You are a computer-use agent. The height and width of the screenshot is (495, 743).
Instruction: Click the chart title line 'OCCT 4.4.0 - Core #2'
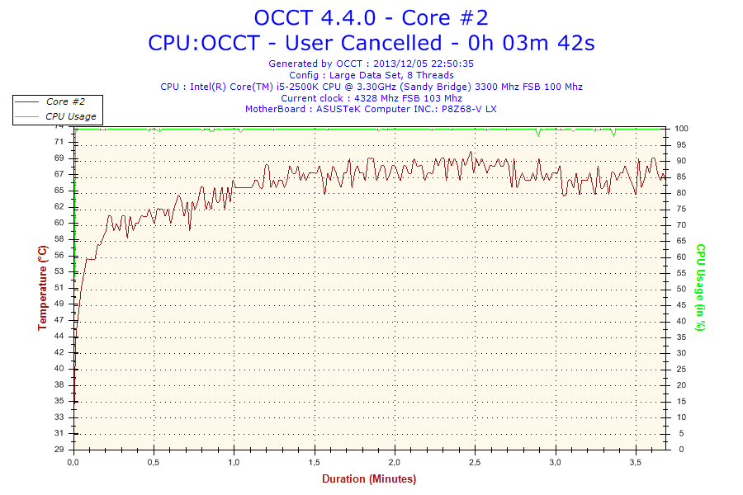coord(371,17)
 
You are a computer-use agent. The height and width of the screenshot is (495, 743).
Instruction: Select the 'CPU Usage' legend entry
coord(70,116)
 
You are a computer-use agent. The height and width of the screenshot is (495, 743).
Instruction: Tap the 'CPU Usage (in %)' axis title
coord(700,288)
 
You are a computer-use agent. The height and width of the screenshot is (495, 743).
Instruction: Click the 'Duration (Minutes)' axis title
coord(369,479)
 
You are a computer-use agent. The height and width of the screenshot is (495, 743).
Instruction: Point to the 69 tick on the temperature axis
coord(59,158)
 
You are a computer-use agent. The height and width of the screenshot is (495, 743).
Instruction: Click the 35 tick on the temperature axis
coord(59,400)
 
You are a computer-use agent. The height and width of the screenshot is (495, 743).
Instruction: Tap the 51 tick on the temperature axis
coord(59,287)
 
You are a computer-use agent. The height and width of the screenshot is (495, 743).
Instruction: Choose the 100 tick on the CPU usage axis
coord(682,129)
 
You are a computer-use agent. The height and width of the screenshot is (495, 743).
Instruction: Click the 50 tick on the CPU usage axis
coord(682,289)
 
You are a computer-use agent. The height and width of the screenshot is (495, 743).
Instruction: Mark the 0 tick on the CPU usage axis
coord(679,450)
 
